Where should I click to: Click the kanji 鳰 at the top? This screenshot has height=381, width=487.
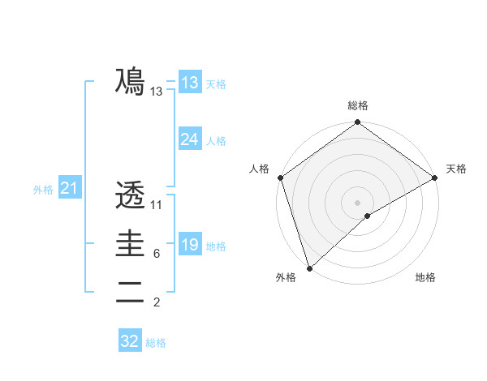tap(130, 82)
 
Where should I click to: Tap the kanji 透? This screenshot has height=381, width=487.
tap(130, 195)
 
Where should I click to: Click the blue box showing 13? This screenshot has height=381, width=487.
tap(189, 82)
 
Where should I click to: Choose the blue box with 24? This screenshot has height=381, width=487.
tap(189, 139)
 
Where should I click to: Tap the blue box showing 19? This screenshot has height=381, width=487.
tap(189, 244)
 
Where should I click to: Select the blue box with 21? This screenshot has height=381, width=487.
tap(69, 189)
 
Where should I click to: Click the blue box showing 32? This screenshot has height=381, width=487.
tap(130, 341)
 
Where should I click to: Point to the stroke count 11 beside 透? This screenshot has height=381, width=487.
tap(157, 205)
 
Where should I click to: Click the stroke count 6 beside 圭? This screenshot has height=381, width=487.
tap(156, 254)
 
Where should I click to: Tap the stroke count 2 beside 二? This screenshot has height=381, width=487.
tap(156, 303)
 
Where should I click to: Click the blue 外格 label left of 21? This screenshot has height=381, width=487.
tap(43, 190)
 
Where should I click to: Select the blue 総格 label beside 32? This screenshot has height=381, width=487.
tap(156, 343)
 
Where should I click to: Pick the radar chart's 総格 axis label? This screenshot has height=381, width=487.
tap(357, 105)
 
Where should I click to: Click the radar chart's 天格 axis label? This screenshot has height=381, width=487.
tap(457, 169)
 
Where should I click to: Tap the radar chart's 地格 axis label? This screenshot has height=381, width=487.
tap(425, 277)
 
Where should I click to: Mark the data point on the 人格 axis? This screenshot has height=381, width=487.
tap(280, 178)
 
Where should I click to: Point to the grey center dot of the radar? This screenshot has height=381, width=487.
tap(357, 202)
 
